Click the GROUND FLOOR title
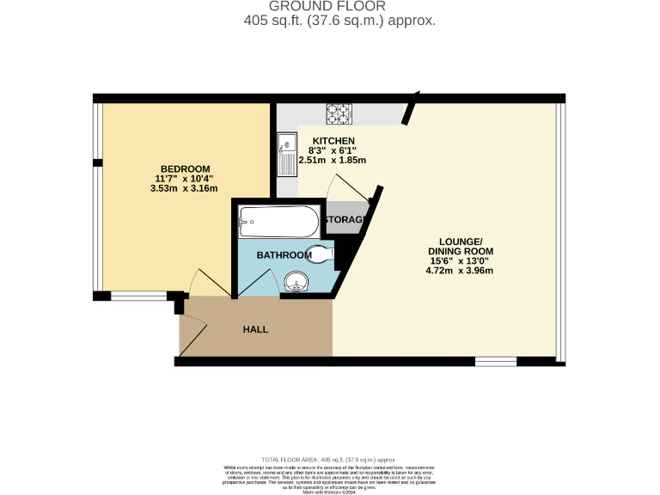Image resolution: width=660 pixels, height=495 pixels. pyautogui.click(x=330, y=6)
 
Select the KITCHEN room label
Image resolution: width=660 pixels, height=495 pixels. pyautogui.click(x=333, y=141)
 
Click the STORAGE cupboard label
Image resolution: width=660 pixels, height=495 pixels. pyautogui.click(x=345, y=220)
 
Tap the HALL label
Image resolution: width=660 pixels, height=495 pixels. pyautogui.click(x=255, y=329)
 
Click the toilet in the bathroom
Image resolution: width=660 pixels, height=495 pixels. pyautogui.click(x=319, y=254)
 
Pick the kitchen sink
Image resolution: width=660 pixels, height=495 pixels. pyautogui.click(x=285, y=156)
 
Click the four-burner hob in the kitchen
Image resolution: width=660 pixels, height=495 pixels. pyautogui.click(x=339, y=113)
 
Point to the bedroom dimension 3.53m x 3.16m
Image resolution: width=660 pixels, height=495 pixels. pyautogui.click(x=184, y=188)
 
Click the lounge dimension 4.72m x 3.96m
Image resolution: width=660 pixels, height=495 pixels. pyautogui.click(x=460, y=270)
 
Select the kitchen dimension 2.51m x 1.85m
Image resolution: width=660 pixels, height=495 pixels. pyautogui.click(x=333, y=160)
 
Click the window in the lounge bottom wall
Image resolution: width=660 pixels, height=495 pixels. pyautogui.click(x=496, y=362)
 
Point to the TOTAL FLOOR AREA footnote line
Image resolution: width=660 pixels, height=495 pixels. pyautogui.click(x=330, y=461)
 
